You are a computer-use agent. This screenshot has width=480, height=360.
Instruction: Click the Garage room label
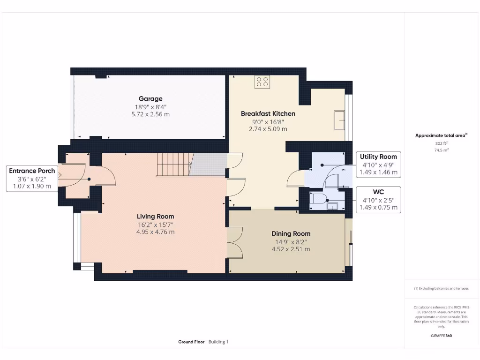pyautogui.click(x=150, y=98)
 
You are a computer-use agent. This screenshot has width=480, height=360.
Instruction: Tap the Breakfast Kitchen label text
pyautogui.click(x=268, y=113)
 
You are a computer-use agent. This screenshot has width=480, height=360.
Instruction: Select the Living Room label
pyautogui.click(x=155, y=216)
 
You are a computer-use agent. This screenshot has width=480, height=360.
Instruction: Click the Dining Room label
pyautogui.click(x=291, y=233)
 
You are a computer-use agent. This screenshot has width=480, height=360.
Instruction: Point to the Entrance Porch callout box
pyautogui.click(x=32, y=179)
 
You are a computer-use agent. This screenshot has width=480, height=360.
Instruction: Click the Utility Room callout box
pyautogui.click(x=378, y=165)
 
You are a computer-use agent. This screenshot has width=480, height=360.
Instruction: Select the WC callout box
pyautogui.click(x=378, y=200)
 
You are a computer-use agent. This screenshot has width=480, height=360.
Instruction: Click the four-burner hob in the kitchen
pyautogui.click(x=262, y=82)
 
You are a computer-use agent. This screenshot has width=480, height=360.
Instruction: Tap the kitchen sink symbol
pyautogui.click(x=338, y=120)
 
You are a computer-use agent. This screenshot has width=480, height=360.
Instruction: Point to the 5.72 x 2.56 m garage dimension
pyautogui.click(x=150, y=114)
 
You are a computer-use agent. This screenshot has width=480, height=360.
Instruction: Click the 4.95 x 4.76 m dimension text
pyautogui.click(x=155, y=232)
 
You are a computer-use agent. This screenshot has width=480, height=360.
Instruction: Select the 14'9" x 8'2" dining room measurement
pyautogui.click(x=291, y=242)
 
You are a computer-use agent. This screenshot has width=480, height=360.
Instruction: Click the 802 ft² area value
pyautogui.click(x=441, y=143)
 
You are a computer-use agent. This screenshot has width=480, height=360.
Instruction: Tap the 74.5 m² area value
pyautogui.click(x=441, y=150)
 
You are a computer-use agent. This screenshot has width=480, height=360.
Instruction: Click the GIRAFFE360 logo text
pyautogui.click(x=441, y=336)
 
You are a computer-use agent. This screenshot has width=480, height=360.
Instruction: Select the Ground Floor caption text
pyautogui.click(x=191, y=342)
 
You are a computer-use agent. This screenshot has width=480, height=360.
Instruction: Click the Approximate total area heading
pyautogui.click(x=441, y=135)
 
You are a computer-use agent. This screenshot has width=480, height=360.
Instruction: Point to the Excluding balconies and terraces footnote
pyautogui.click(x=441, y=288)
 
